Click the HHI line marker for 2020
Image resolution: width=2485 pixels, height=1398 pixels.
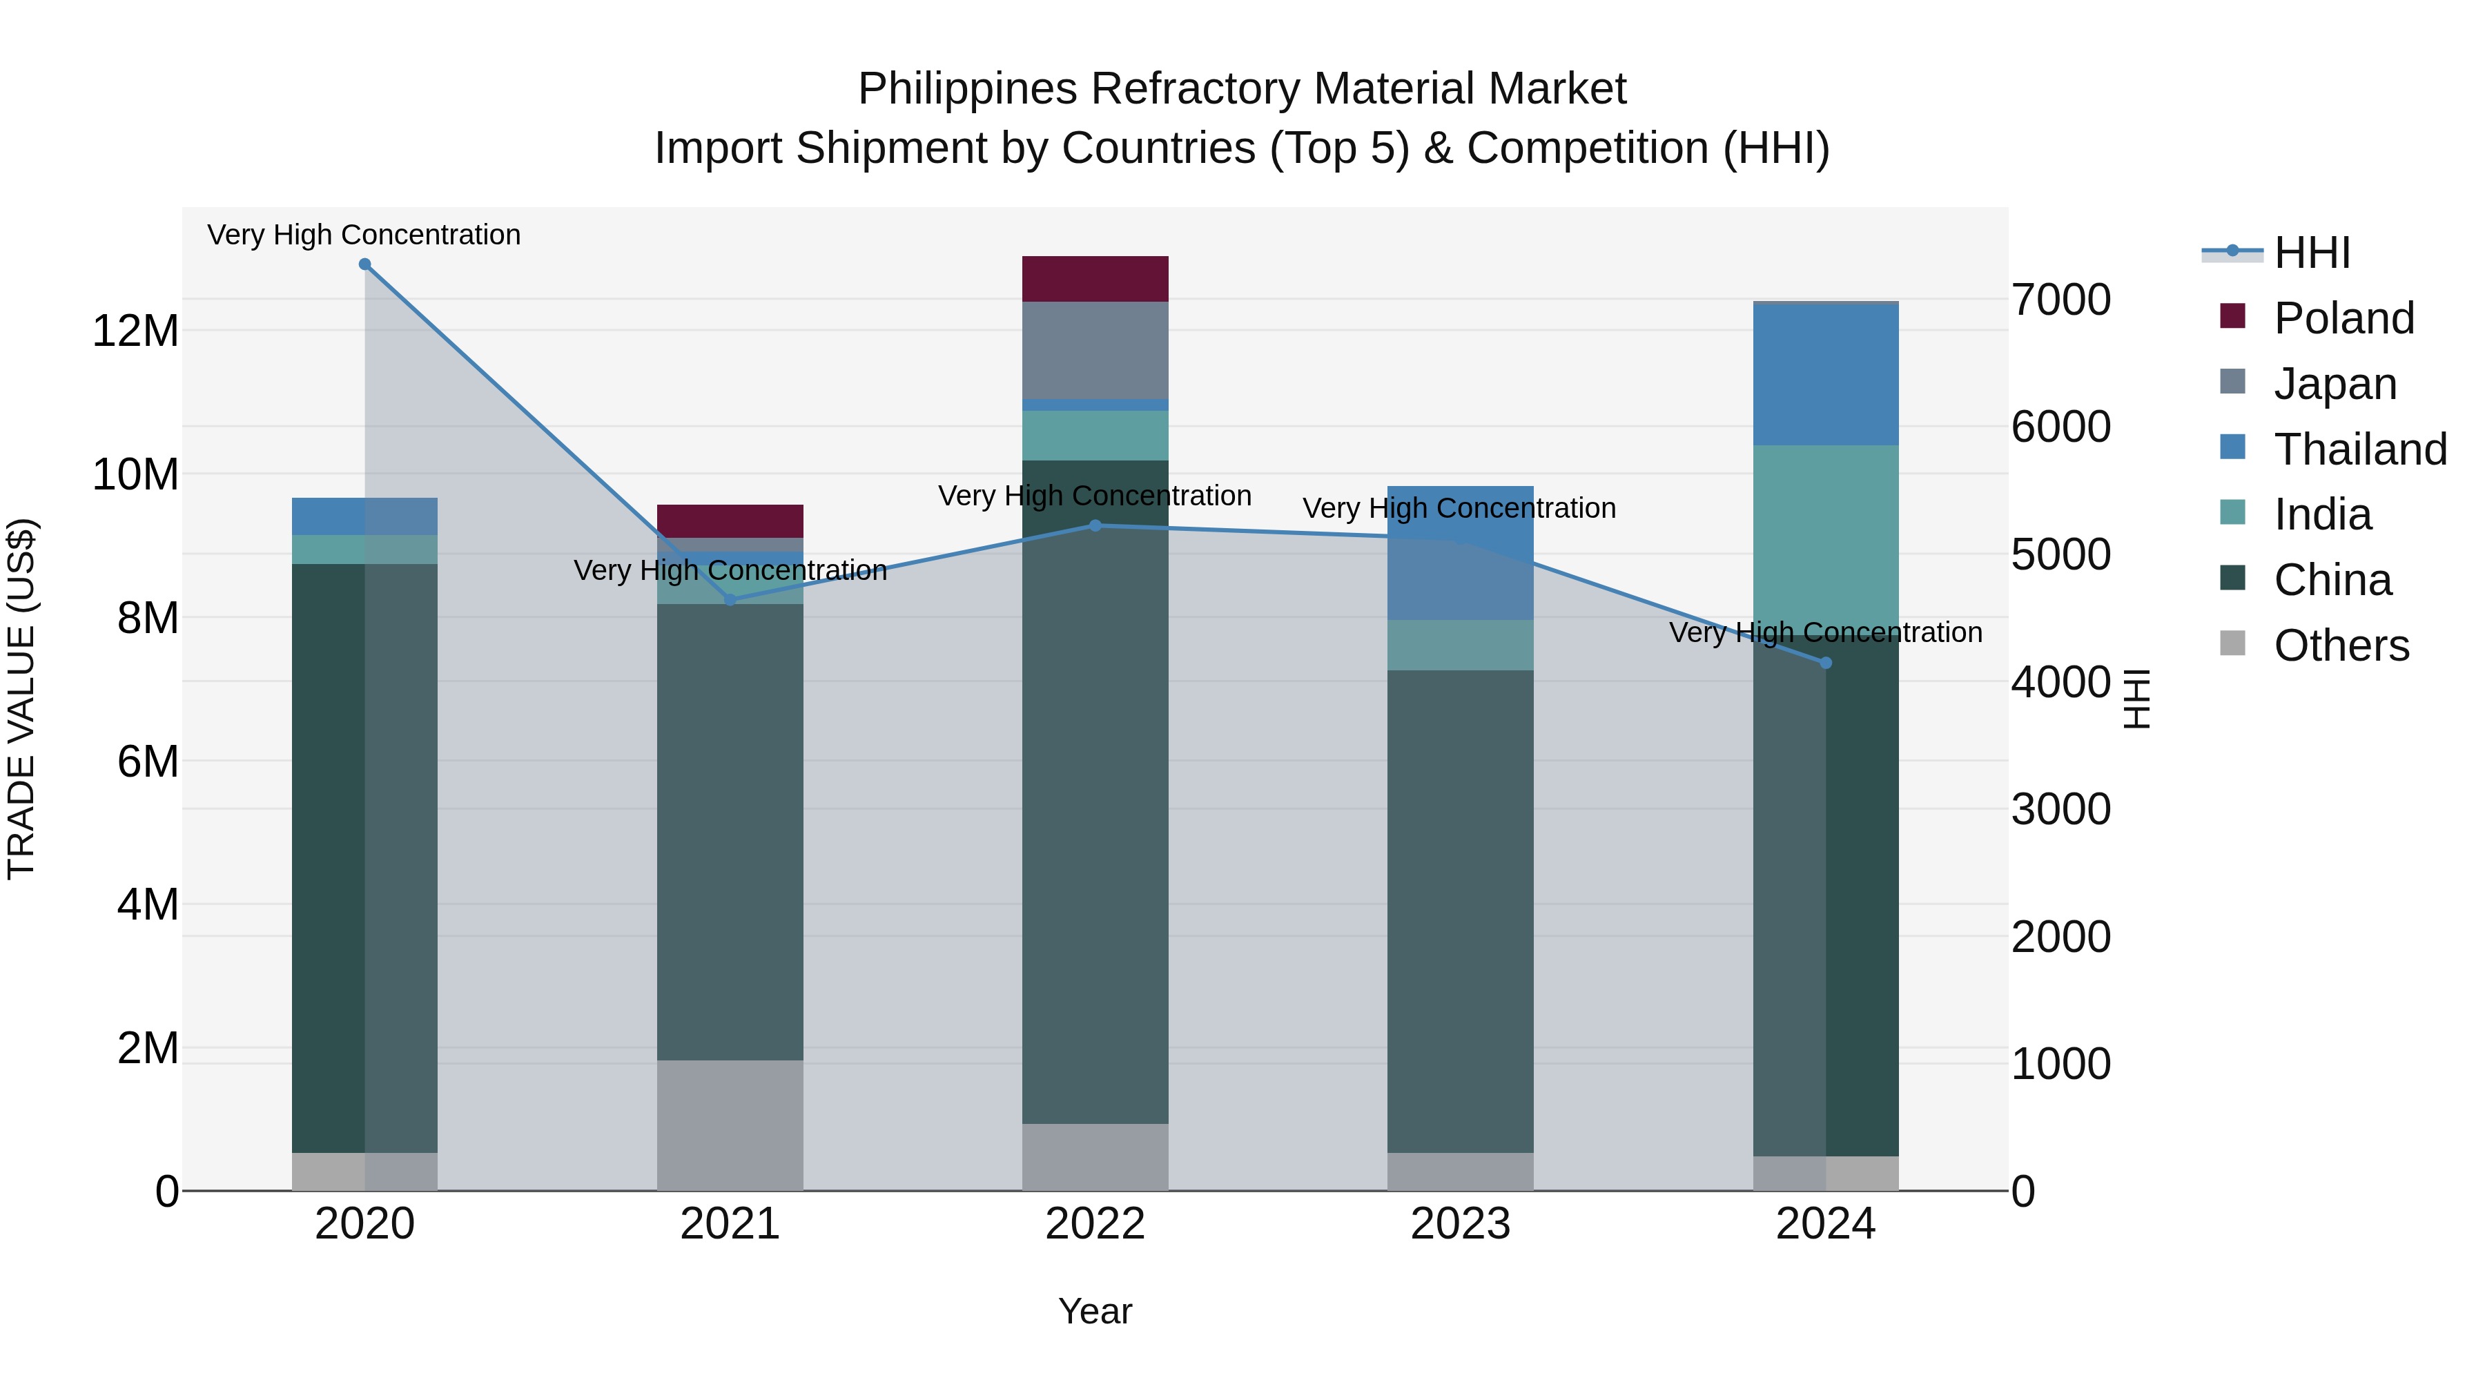[x=364, y=264]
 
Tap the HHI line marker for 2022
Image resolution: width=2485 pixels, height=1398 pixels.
[x=1095, y=526]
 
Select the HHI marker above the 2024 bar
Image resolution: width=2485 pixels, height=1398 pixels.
[x=1825, y=663]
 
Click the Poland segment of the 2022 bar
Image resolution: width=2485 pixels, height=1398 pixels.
[x=1095, y=279]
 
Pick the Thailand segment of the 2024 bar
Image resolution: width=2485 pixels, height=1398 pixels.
[x=1825, y=374]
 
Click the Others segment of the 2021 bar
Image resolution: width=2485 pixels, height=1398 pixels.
[x=730, y=1125]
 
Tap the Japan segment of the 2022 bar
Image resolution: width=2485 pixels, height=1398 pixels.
[x=1095, y=349]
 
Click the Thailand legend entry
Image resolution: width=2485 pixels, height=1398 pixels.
[x=2359, y=449]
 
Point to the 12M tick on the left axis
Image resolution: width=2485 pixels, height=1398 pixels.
[x=135, y=331]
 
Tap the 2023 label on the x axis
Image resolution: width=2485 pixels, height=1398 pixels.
[x=1459, y=1224]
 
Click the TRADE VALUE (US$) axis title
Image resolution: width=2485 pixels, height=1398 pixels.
[x=21, y=699]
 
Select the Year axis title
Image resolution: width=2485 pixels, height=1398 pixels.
[x=1095, y=1311]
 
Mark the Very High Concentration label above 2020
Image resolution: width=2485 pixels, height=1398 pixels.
[x=364, y=235]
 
